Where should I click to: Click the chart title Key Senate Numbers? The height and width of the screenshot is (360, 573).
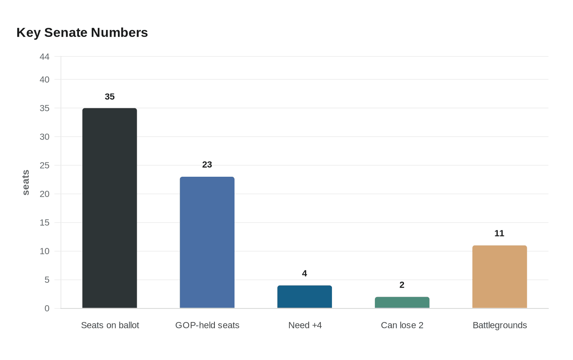coord(82,33)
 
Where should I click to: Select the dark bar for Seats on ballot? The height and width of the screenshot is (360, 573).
coord(110,208)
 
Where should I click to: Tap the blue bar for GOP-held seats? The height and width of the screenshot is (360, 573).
coord(207,243)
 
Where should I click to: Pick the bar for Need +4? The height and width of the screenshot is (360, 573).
coord(305,297)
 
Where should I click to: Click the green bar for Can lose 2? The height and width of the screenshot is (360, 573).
coord(402,303)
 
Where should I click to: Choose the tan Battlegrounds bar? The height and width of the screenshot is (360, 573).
coord(499,277)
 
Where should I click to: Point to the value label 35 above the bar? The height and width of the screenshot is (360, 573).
coord(110,97)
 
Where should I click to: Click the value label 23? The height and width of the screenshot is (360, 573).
coord(207,165)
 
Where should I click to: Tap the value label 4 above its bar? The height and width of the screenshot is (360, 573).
coord(305,274)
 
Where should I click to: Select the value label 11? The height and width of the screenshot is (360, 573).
coord(499,234)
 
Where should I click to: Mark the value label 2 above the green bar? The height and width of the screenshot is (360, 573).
coord(402,285)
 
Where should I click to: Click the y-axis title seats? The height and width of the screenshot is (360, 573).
coord(26,182)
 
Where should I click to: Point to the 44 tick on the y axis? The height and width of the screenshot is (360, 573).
coord(45,57)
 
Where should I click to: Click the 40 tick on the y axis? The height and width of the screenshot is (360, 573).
coord(45,80)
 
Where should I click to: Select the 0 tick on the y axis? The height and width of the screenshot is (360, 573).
coord(47,308)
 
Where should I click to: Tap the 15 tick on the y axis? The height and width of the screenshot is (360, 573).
coord(45,223)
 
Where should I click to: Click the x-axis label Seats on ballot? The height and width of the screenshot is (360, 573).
coord(110,325)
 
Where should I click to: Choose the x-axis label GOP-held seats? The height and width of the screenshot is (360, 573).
coord(207,325)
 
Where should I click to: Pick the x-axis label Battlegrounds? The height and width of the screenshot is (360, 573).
coord(499,325)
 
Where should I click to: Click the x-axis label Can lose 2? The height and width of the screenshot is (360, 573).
coord(402,325)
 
